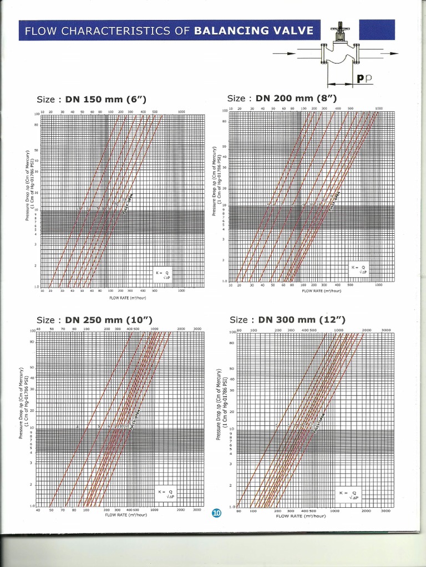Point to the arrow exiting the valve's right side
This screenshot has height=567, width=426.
[x=389, y=54]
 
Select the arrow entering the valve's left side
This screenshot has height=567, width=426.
[x=284, y=54]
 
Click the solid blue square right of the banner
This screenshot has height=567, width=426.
[x=377, y=29]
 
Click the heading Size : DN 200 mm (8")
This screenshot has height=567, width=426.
[x=282, y=98]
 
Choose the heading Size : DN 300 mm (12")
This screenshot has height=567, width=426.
[x=287, y=320]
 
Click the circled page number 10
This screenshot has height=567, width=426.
[x=216, y=513]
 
